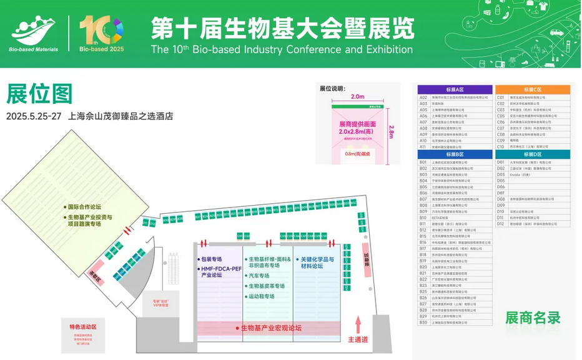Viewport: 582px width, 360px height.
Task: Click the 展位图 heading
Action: coord(40,94)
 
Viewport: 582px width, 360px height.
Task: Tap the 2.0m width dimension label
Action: coord(357,97)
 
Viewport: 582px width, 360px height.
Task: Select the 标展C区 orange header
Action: coord(533,89)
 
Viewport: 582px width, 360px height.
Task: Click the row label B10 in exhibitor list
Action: coord(423,217)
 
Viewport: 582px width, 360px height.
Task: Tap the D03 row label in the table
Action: coord(500,174)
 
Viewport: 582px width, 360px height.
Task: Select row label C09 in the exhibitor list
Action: coord(500,141)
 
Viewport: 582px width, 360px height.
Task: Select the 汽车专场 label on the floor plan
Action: coord(259,276)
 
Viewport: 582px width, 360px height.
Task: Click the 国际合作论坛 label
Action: coord(84,207)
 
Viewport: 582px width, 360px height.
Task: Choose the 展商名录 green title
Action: coord(533,317)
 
